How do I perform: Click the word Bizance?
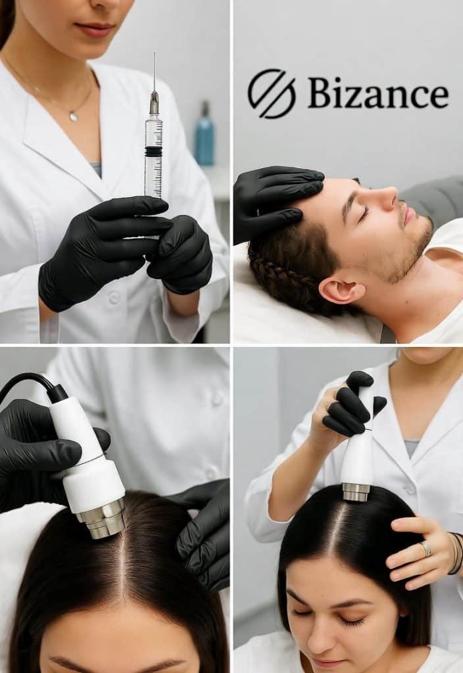pos(378,93)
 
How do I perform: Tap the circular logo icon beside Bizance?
pos(272,93)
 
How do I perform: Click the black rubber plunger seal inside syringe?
pos(153,151)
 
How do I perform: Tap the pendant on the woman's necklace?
pos(74,116)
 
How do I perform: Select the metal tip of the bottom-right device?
pos(356,492)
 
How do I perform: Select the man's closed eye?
pos(363,213)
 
